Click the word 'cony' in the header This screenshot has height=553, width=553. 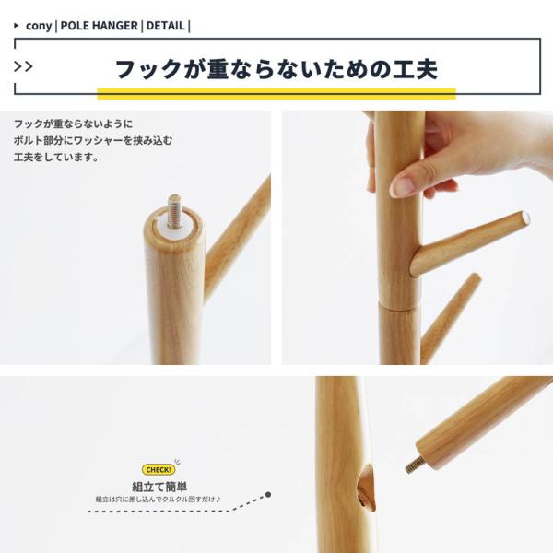tap(39, 26)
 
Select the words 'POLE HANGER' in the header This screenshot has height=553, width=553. tap(100, 26)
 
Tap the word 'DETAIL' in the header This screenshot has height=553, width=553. tap(165, 26)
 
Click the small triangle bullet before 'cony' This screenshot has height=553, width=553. tap(17, 26)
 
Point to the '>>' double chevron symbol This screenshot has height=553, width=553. tap(23, 66)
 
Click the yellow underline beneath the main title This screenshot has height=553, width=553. tap(276, 94)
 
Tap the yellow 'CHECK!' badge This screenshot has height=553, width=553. tap(159, 469)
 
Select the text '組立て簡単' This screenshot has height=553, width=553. tap(159, 487)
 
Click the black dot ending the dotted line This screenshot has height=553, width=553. tap(268, 494)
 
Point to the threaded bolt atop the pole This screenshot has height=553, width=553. tap(174, 211)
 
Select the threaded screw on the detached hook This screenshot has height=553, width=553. tap(415, 465)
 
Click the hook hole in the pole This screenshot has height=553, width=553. tap(366, 488)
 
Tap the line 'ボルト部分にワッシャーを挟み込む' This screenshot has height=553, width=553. tap(93, 141)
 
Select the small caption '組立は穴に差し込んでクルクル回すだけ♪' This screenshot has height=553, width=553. tap(159, 500)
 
